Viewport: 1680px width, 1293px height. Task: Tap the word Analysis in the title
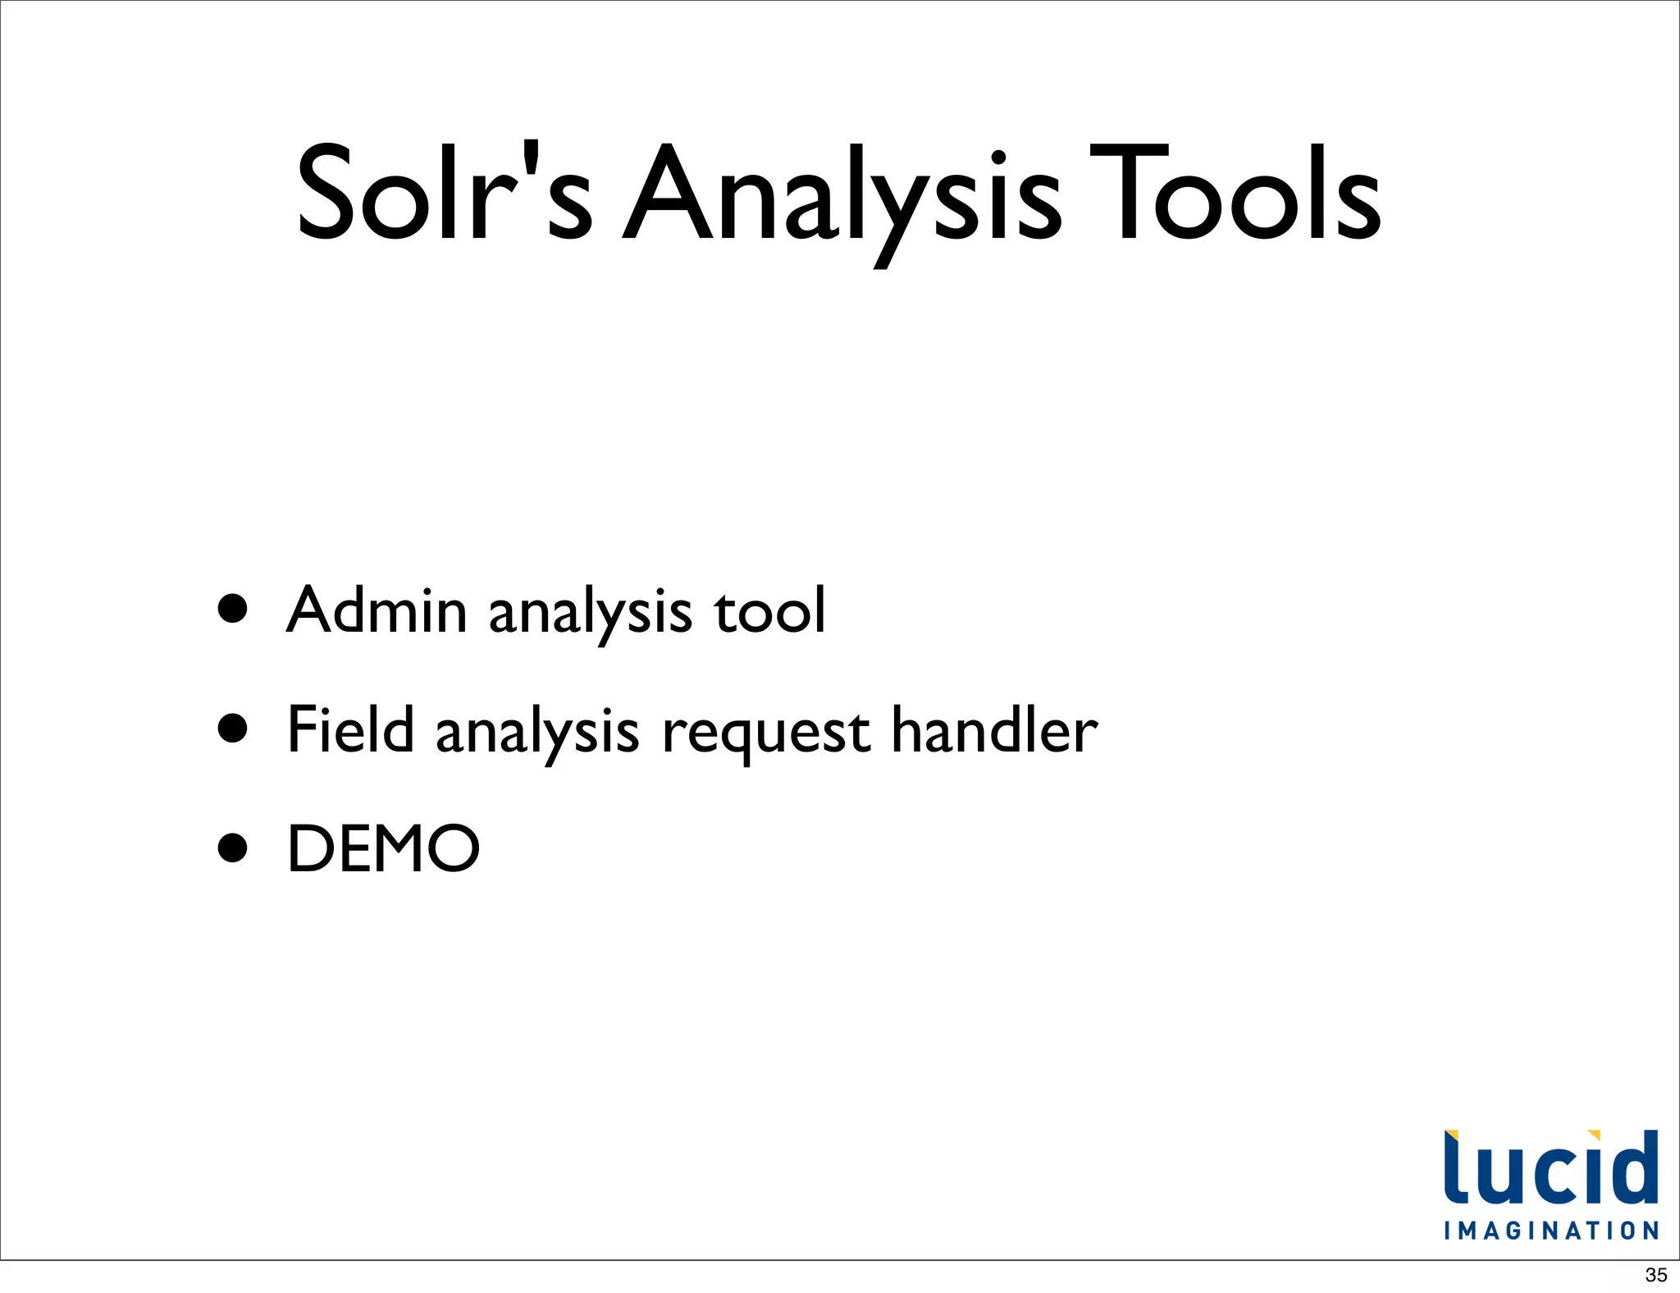coord(841,197)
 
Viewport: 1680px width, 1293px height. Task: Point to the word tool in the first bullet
coord(769,611)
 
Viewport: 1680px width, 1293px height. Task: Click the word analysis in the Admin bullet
coord(590,614)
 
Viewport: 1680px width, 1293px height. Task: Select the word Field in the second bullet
coord(350,729)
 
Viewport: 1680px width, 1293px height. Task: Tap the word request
coord(765,733)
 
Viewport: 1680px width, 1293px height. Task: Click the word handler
coord(993,729)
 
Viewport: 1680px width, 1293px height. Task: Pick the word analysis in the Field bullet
coord(536,733)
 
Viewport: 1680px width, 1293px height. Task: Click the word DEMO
coord(383,848)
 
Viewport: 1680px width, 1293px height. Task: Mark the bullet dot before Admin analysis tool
coord(233,609)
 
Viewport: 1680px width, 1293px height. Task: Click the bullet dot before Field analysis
coord(233,728)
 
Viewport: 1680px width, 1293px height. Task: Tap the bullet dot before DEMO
coord(233,848)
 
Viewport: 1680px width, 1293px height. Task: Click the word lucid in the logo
coord(1550,1168)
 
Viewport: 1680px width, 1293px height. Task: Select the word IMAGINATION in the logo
coord(1550,1231)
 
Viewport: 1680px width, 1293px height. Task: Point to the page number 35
coord(1655,1275)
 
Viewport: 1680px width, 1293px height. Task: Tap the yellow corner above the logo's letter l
coord(1450,1136)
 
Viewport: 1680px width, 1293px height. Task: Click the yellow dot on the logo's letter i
coord(1594,1136)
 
